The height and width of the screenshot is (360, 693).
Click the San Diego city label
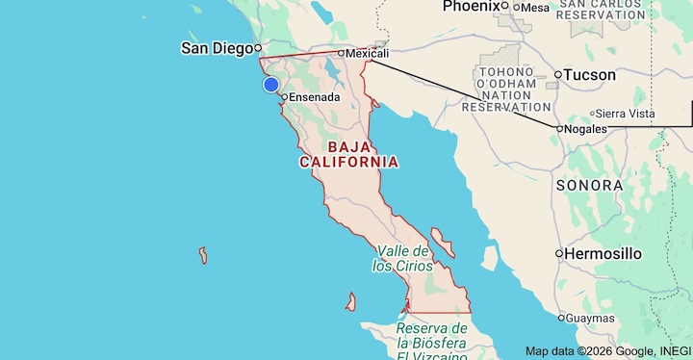[217, 48]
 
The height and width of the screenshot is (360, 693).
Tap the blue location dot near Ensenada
[271, 85]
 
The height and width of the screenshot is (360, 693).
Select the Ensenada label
[315, 97]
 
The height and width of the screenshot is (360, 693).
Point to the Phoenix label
[472, 7]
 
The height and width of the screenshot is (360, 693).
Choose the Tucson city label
[591, 74]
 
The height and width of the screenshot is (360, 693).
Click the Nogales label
[586, 128]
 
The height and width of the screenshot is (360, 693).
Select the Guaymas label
[591, 318]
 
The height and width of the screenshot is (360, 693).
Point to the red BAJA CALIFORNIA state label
[348, 154]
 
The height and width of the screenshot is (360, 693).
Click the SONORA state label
[589, 185]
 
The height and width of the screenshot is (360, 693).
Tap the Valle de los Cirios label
[402, 258]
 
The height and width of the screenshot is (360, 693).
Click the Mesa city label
[535, 8]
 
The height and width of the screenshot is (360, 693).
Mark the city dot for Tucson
[558, 74]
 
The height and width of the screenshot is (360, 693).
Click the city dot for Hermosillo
[558, 253]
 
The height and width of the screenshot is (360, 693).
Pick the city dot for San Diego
[258, 48]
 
